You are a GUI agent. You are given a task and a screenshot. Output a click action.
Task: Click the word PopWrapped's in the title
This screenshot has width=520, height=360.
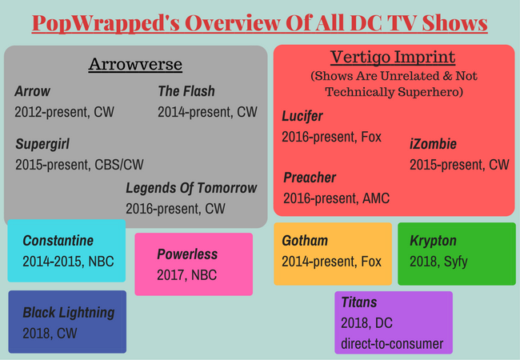pos(106,23)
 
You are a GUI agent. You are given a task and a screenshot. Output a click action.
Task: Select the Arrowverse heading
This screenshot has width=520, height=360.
pos(135,64)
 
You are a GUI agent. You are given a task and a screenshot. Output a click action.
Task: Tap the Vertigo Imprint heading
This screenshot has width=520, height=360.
pos(393,58)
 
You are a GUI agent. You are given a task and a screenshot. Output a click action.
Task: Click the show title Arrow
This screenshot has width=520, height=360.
pos(32,91)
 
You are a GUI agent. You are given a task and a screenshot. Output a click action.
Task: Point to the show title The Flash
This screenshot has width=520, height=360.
pos(186,91)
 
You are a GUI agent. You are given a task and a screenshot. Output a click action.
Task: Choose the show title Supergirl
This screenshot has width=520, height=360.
pos(42,144)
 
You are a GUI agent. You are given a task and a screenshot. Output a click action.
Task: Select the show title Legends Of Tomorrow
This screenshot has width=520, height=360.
pos(191,188)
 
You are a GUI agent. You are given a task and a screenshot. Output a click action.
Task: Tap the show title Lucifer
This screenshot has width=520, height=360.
pos(302,116)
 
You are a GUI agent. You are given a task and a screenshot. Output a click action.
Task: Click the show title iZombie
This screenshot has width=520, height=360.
pos(433,144)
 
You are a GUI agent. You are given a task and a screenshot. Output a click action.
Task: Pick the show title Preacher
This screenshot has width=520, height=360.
pos(310,178)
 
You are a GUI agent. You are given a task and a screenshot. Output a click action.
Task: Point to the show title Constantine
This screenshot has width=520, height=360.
pos(58,241)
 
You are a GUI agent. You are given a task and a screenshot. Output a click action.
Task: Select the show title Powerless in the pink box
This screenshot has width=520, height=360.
pos(187,254)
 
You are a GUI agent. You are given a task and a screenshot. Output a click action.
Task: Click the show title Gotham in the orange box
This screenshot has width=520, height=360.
pos(305,241)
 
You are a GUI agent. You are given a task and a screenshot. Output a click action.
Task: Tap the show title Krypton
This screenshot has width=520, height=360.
pos(433,242)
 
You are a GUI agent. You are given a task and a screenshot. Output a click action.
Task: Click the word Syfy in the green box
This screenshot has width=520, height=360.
pos(456,262)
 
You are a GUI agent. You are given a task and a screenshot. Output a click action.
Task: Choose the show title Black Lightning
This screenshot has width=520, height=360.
pos(69,313)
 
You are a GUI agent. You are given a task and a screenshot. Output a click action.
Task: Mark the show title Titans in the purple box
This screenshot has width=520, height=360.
pos(359,302)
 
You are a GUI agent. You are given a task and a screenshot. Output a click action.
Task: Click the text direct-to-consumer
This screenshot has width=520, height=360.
pos(392,344)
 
